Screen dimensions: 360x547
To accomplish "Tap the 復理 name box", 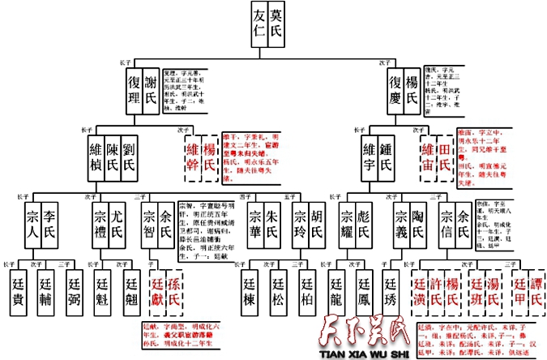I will (x=135, y=90).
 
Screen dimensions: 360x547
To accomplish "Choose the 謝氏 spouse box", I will (x=152, y=90).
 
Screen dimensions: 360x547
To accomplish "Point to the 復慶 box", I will (x=395, y=90).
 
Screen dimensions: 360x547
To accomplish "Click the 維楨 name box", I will (x=96, y=157).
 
